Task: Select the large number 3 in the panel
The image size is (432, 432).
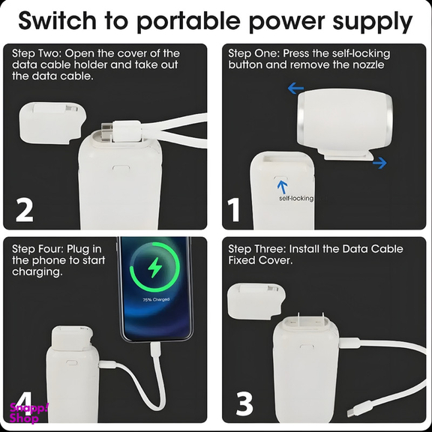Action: [244, 403]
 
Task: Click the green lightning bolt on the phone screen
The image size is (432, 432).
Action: [154, 267]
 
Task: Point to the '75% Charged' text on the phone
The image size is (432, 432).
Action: [156, 299]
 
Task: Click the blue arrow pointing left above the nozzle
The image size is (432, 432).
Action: [295, 88]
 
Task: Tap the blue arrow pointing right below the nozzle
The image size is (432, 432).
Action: [379, 163]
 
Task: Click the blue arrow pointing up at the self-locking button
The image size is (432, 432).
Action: [282, 187]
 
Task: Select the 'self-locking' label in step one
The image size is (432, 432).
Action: [296, 198]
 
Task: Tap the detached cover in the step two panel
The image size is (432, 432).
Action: [52, 122]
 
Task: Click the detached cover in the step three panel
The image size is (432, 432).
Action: [256, 301]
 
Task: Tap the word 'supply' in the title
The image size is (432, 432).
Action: [373, 22]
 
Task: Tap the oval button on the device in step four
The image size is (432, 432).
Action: [71, 362]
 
